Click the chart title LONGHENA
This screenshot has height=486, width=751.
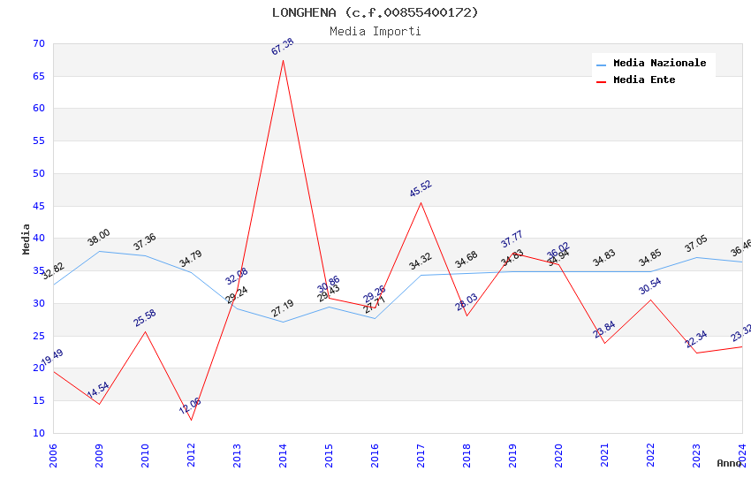[x=375, y=12]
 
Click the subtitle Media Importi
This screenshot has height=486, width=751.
[x=375, y=31]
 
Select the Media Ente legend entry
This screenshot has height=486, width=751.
[x=644, y=80]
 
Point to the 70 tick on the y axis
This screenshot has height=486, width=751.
[x=37, y=43]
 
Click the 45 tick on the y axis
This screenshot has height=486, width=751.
[x=37, y=206]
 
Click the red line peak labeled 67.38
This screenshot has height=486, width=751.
[x=283, y=59]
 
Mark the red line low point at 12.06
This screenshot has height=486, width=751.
[x=191, y=419]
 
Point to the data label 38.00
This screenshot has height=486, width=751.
[x=99, y=238]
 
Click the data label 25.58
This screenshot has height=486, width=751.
[x=145, y=318]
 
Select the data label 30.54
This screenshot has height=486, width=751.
[x=650, y=286]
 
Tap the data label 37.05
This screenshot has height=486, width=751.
[x=696, y=244]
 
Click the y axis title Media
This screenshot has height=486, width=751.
[x=27, y=239]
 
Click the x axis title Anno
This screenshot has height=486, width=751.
[x=729, y=463]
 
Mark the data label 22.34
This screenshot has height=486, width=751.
[x=696, y=339]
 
